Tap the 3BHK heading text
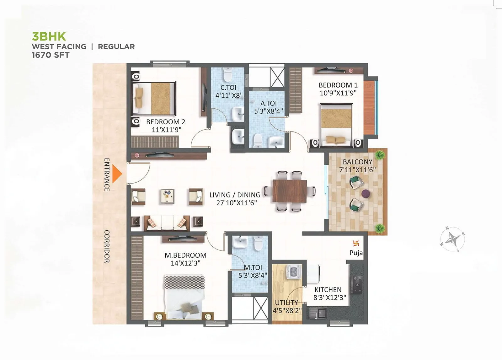(x=49, y=36)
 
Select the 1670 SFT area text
(x=51, y=55)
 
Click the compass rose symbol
(x=452, y=239)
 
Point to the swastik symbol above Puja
(x=356, y=243)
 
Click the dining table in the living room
(x=290, y=191)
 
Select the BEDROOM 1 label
(x=338, y=85)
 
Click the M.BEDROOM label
(x=185, y=255)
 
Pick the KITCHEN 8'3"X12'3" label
(x=328, y=293)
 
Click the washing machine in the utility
(x=294, y=271)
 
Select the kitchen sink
(x=319, y=313)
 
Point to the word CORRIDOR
(x=107, y=246)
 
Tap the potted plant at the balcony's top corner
(x=380, y=154)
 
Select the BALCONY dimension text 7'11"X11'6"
(x=357, y=170)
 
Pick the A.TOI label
(x=269, y=103)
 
